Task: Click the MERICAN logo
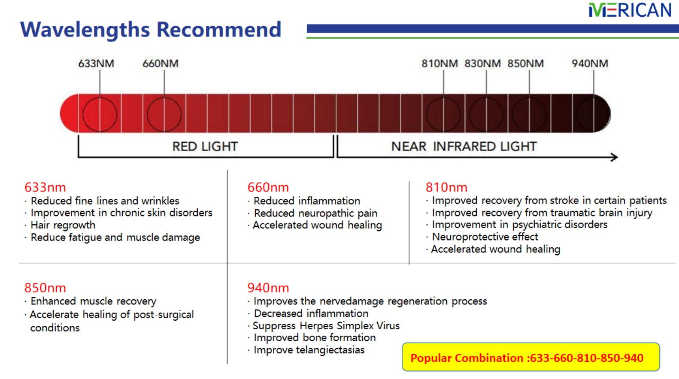pyautogui.click(x=630, y=10)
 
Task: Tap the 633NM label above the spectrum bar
pyautogui.click(x=96, y=63)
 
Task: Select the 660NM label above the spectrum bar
pyautogui.click(x=161, y=63)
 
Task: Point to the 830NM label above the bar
pyautogui.click(x=482, y=63)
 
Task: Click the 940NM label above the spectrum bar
pyautogui.click(x=590, y=63)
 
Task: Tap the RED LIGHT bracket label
pyautogui.click(x=205, y=147)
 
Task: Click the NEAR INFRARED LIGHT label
pyautogui.click(x=464, y=147)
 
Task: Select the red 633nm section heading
pyautogui.click(x=45, y=187)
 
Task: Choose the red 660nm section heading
pyautogui.click(x=268, y=187)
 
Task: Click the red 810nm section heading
pyautogui.click(x=446, y=187)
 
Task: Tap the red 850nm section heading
pyautogui.click(x=45, y=288)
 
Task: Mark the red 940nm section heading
pyautogui.click(x=268, y=288)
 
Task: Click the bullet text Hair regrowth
pyautogui.click(x=63, y=226)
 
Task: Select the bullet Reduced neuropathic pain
pyautogui.click(x=315, y=214)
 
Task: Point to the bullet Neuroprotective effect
pyautogui.click(x=485, y=237)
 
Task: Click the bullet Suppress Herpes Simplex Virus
pyautogui.click(x=326, y=326)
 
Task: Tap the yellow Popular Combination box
pyautogui.click(x=531, y=357)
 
